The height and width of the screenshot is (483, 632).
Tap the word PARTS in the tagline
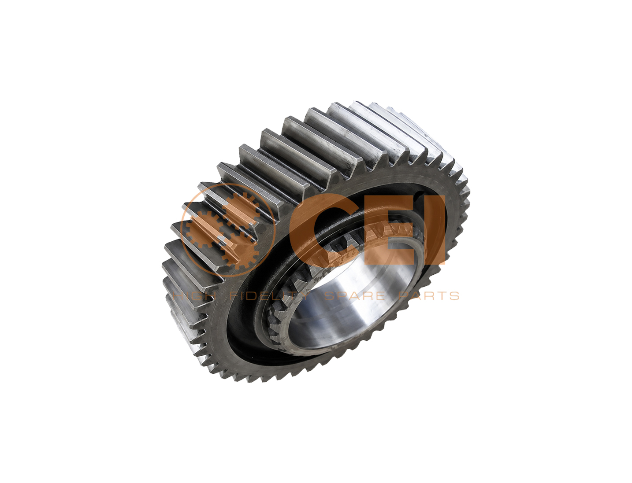[429, 295]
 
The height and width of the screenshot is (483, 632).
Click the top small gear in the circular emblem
[242, 209]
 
